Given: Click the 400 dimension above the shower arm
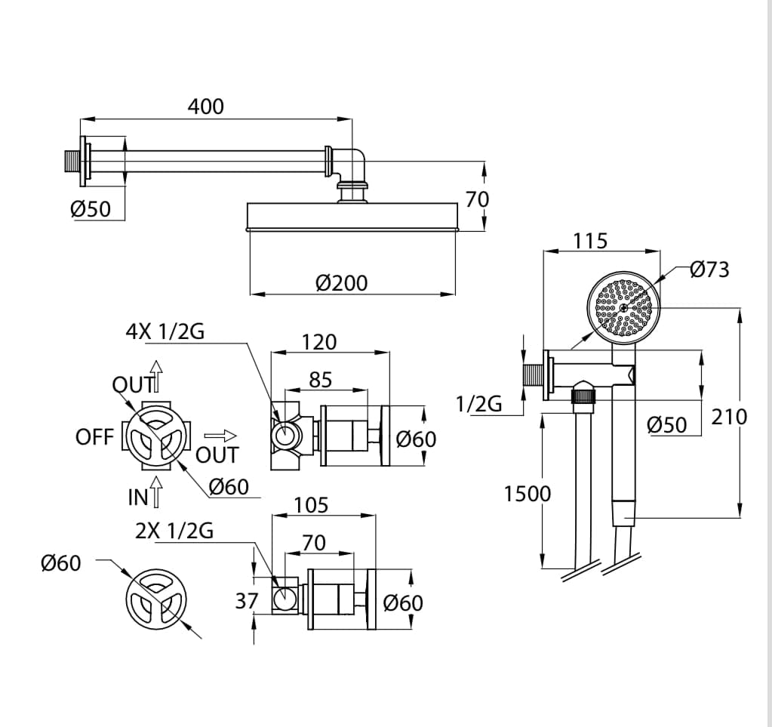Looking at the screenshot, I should (205, 106).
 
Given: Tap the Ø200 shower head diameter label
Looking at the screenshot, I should (342, 283).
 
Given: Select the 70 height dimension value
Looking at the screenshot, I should (477, 199).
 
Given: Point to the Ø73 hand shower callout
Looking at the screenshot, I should (710, 270).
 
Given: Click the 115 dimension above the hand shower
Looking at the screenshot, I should (590, 241).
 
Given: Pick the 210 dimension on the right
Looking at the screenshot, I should (730, 416).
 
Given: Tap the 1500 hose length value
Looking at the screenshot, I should (527, 494).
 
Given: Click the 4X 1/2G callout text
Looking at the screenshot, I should (165, 331).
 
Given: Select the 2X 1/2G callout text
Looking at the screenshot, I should (174, 531).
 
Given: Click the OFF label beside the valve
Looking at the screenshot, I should (94, 437).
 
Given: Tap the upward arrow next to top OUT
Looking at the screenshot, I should (156, 375).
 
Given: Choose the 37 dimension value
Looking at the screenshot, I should (247, 601).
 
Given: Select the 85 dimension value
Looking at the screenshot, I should (321, 380).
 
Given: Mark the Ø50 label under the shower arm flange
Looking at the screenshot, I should (91, 209).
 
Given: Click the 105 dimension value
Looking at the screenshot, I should (311, 504).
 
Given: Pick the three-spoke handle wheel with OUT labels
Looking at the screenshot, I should (157, 439).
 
